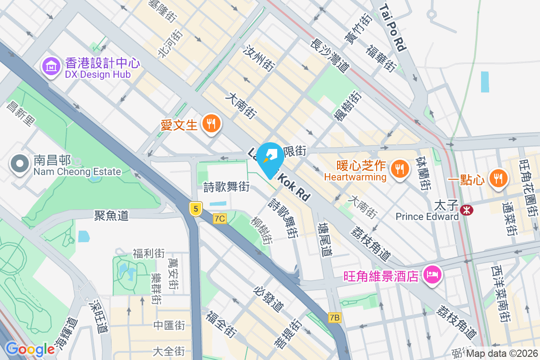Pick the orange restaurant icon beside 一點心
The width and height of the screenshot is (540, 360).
coord(498,178)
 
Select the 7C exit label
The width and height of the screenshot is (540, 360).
coord(220,219)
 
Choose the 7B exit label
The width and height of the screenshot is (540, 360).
coord(334,318)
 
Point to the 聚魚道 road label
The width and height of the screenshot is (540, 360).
coord(112,215)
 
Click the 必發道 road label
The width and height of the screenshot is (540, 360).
coord(269,299)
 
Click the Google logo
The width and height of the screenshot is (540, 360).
coord(30,349)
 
